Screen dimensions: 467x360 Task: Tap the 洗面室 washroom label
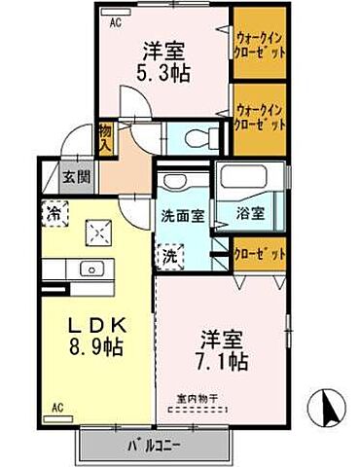point(183,215)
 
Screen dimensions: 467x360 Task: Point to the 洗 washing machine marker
point(169,257)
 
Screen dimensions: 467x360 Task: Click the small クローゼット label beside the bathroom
point(261,253)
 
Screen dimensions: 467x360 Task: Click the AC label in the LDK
point(56,407)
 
